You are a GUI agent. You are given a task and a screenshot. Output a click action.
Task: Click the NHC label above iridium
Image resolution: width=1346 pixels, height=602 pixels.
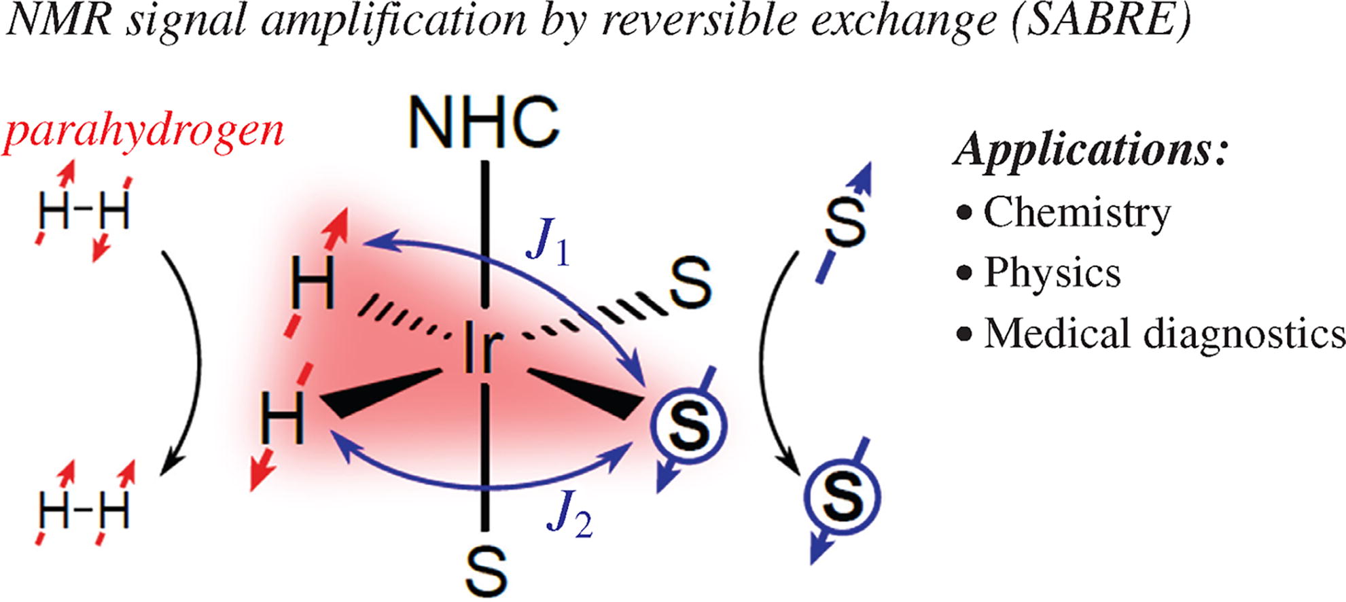[x=484, y=123]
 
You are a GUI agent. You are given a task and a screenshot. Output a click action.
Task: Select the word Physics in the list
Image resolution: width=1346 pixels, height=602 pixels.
[x=1052, y=273]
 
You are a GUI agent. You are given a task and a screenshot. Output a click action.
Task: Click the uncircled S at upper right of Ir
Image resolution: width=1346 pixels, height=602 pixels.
[x=690, y=284]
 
